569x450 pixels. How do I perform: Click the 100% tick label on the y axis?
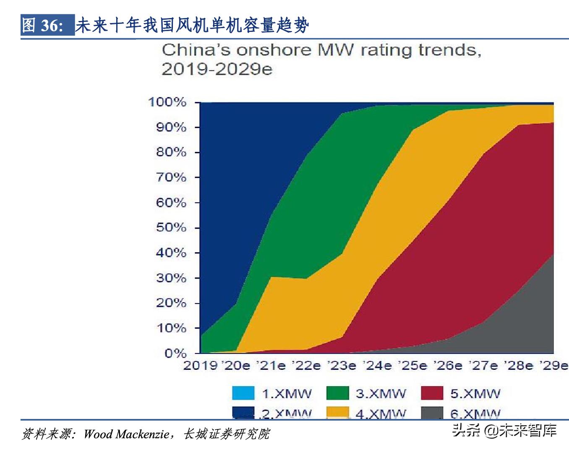tap(167, 102)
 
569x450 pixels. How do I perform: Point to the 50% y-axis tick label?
tap(171, 228)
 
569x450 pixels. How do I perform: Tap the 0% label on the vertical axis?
tap(175, 353)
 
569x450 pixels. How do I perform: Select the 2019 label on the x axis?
tap(200, 366)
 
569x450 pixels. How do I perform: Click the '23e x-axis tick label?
tap(342, 366)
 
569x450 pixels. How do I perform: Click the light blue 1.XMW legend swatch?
tap(243, 393)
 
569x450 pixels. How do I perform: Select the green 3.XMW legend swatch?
tap(337, 393)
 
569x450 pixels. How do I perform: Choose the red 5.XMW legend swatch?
tap(432, 393)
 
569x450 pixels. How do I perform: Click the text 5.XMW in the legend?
tap(475, 394)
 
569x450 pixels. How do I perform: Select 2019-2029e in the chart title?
tap(217, 69)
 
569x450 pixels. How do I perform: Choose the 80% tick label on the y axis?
tap(171, 152)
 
